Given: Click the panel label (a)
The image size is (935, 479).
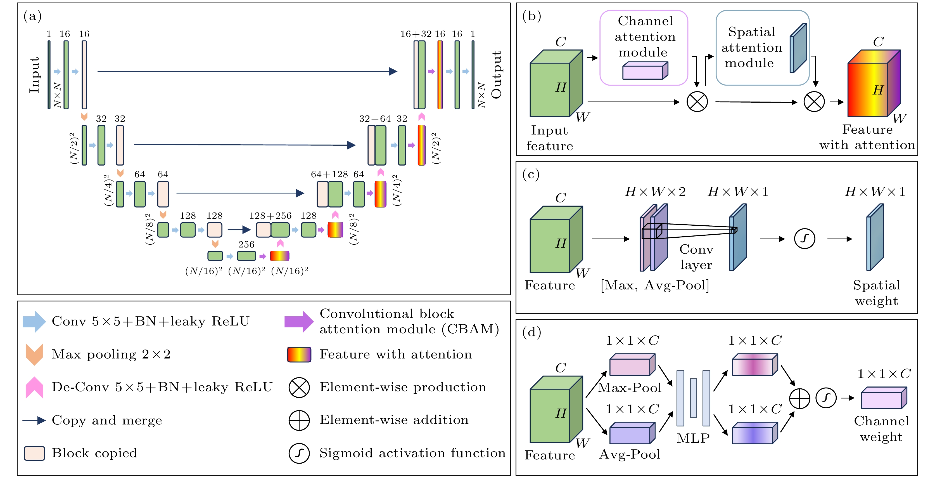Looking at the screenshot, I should (32, 16).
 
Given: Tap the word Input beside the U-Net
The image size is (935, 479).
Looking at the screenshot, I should (34, 75).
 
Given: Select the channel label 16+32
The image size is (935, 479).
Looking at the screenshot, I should (416, 34).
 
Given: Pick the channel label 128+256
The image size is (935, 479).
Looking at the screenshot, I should (270, 216).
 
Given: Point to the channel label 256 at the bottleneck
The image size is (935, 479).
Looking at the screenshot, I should (246, 244).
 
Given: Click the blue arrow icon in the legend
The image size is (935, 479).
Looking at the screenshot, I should (34, 321).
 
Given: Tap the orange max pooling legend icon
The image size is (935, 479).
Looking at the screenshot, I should (34, 354).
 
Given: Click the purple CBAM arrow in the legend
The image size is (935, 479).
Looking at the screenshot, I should (299, 321).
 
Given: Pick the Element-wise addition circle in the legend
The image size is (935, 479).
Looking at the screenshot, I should (299, 421).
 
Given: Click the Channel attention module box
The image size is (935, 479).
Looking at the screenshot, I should (644, 48).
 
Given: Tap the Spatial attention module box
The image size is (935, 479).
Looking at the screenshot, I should (762, 48).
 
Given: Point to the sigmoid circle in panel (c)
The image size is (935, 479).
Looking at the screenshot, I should (805, 239).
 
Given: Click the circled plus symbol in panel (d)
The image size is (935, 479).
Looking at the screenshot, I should (800, 399).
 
